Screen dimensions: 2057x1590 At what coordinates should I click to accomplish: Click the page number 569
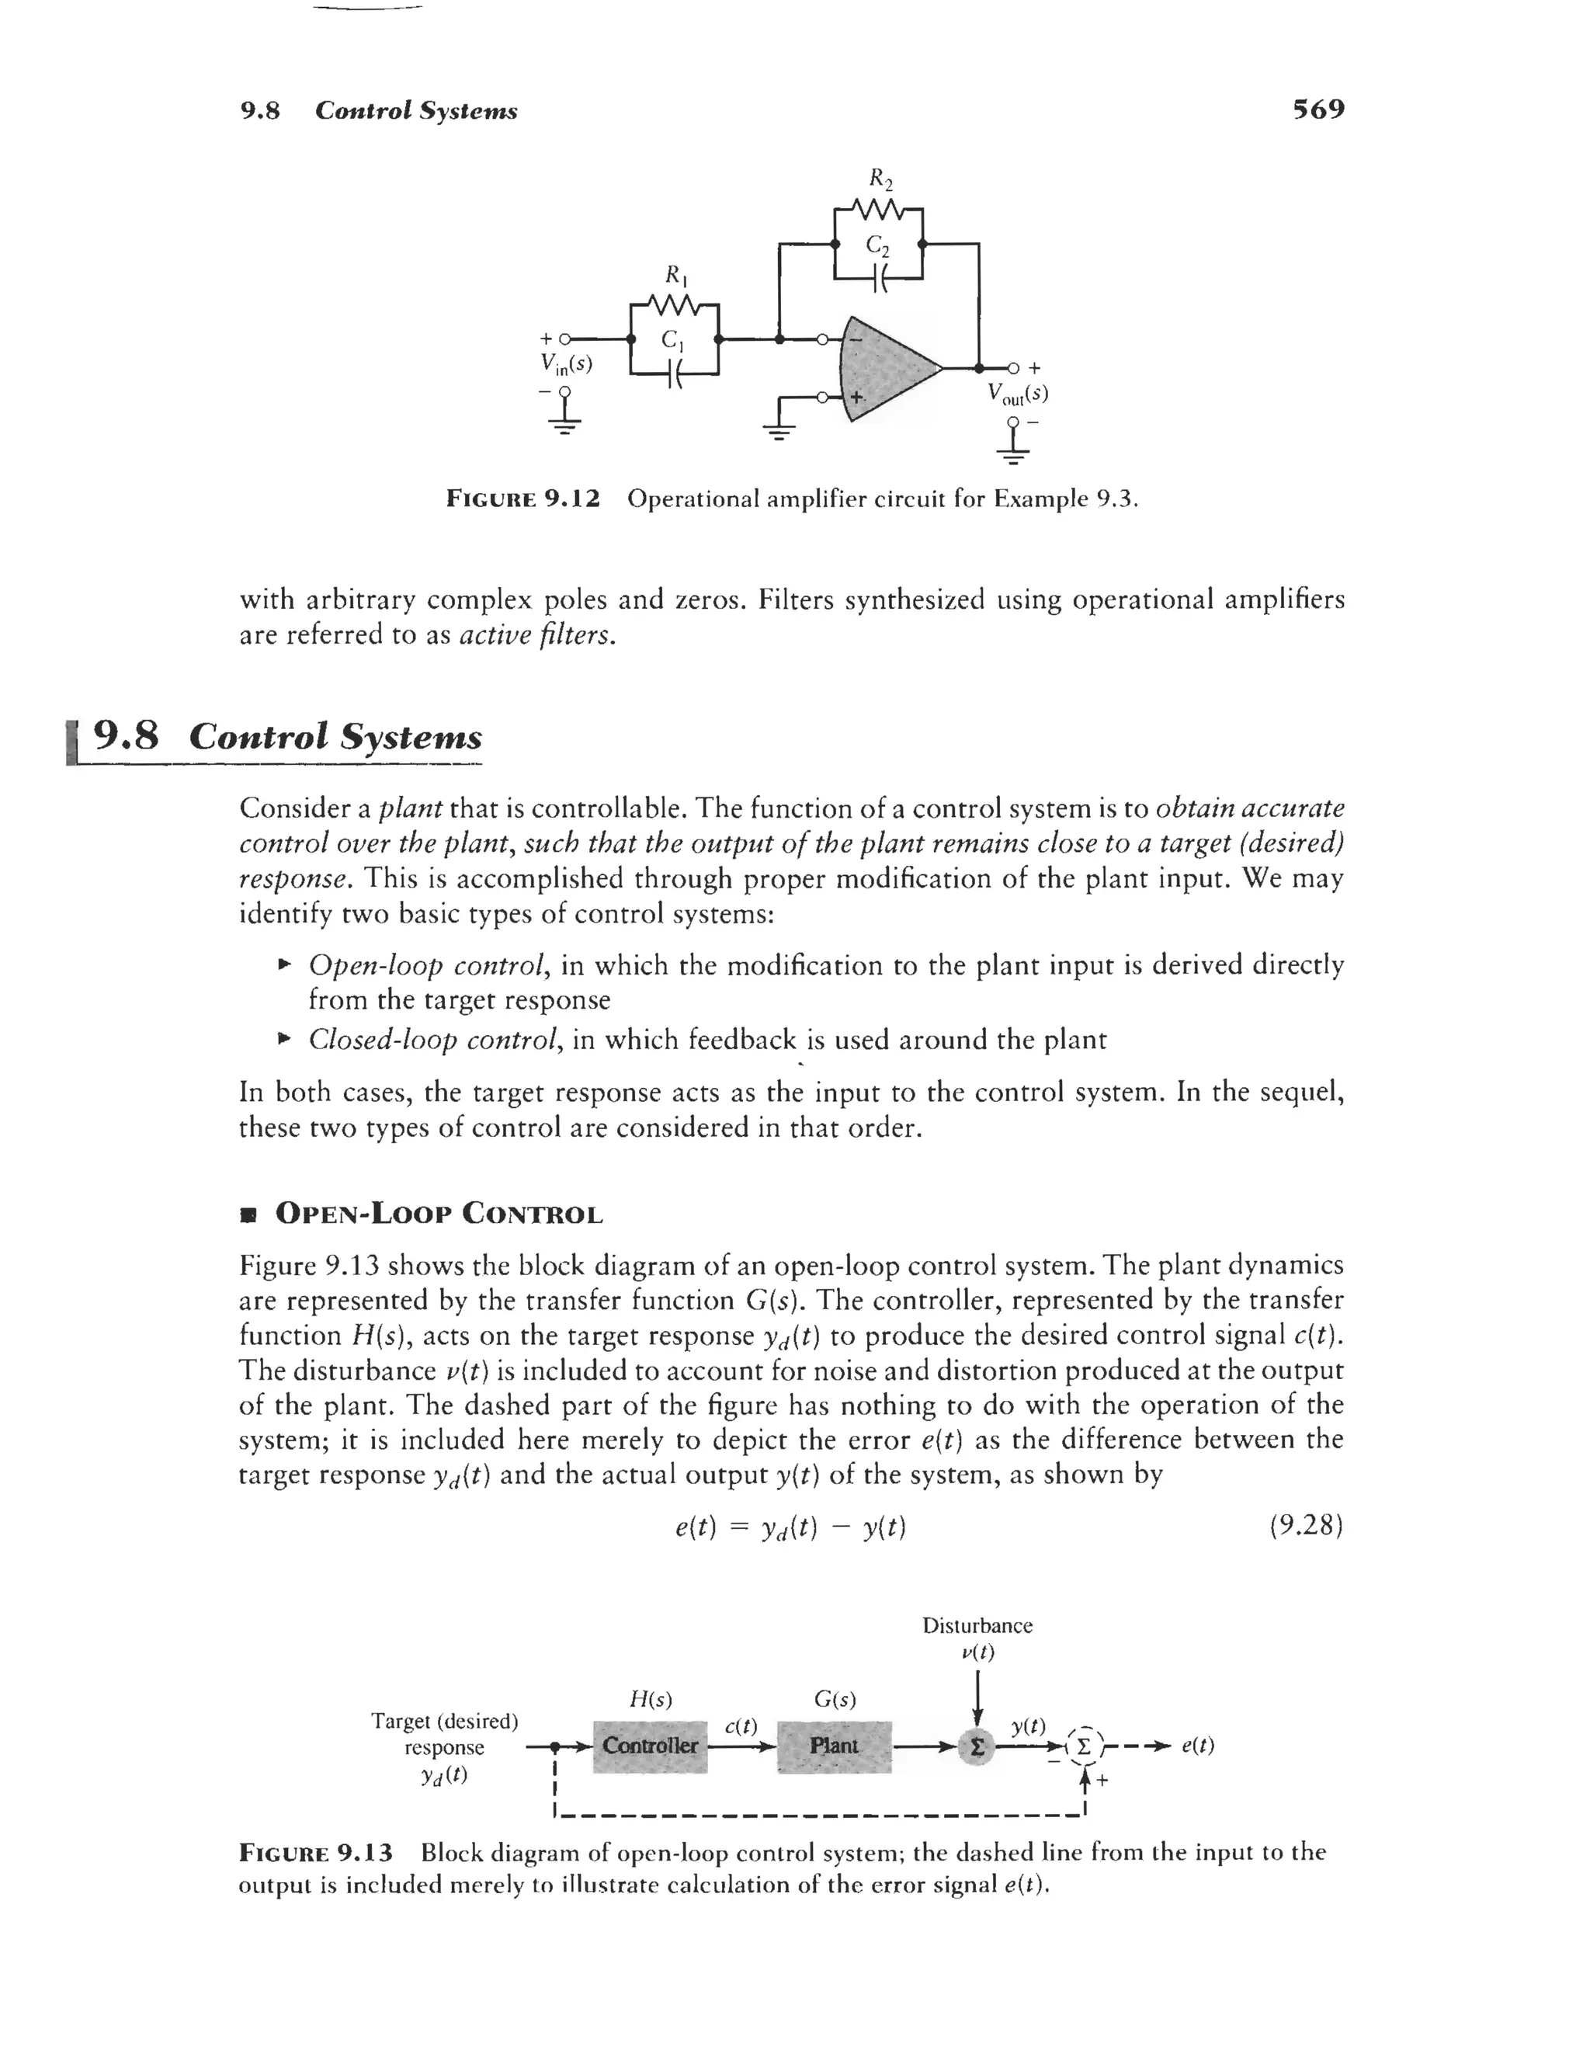pyautogui.click(x=1317, y=110)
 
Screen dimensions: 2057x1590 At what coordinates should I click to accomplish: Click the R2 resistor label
pyautogui.click(x=880, y=178)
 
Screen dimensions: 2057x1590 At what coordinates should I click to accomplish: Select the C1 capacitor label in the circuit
pyautogui.click(x=672, y=339)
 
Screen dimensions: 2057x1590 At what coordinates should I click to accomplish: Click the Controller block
pyautogui.click(x=650, y=1746)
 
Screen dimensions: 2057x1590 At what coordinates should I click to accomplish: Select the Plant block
pyautogui.click(x=835, y=1746)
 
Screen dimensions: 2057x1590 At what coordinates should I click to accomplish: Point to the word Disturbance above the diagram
pyautogui.click(x=977, y=1624)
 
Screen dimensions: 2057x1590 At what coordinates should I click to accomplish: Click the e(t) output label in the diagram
pyautogui.click(x=1197, y=1746)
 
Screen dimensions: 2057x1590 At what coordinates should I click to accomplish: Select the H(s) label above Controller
pyautogui.click(x=650, y=1699)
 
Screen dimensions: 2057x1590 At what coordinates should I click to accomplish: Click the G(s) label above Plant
pyautogui.click(x=835, y=1699)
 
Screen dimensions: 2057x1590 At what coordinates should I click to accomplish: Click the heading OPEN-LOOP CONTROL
pyautogui.click(x=438, y=1214)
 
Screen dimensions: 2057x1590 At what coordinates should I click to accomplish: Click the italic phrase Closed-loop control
pyautogui.click(x=436, y=1040)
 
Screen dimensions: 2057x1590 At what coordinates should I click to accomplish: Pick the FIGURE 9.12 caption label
pyautogui.click(x=522, y=499)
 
